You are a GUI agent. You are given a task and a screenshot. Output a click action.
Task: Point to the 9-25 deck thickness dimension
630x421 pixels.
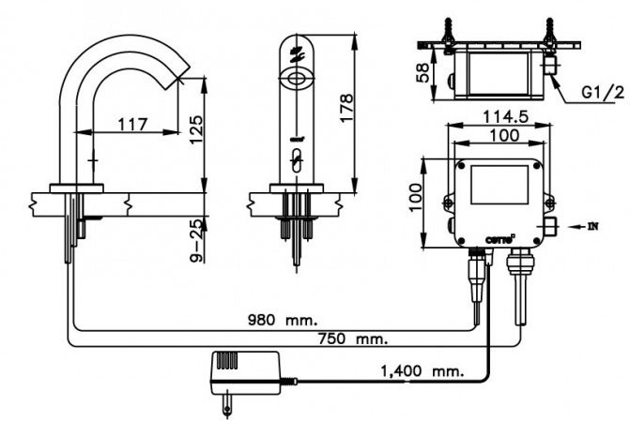(x=195, y=240)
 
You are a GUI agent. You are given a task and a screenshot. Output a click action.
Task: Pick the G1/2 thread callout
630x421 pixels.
(x=602, y=93)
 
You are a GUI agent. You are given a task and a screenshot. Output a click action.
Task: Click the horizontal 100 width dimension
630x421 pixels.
(x=499, y=136)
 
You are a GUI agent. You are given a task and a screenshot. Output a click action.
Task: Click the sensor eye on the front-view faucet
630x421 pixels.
(x=299, y=79)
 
